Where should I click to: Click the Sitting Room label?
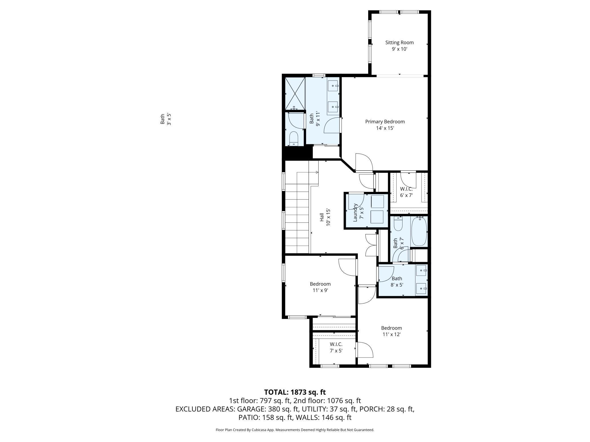pyautogui.click(x=399, y=46)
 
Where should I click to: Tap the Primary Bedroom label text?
pyautogui.click(x=385, y=125)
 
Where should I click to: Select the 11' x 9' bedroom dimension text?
pyautogui.click(x=320, y=290)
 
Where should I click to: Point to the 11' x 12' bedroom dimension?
pyautogui.click(x=391, y=334)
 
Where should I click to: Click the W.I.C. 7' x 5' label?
pyautogui.click(x=336, y=347)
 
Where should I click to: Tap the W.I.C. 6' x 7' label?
pyautogui.click(x=406, y=192)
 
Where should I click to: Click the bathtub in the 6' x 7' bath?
pyautogui.click(x=419, y=231)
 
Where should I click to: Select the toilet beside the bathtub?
pyautogui.click(x=398, y=224)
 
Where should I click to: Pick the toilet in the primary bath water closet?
pyautogui.click(x=294, y=138)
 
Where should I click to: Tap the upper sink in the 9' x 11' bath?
pyautogui.click(x=333, y=85)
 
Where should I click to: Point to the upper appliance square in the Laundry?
pyautogui.click(x=377, y=201)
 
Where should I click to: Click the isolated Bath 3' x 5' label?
pyautogui.click(x=166, y=119)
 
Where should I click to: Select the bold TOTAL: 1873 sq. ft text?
pyautogui.click(x=295, y=392)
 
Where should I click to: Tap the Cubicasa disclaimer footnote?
pyautogui.click(x=295, y=430)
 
